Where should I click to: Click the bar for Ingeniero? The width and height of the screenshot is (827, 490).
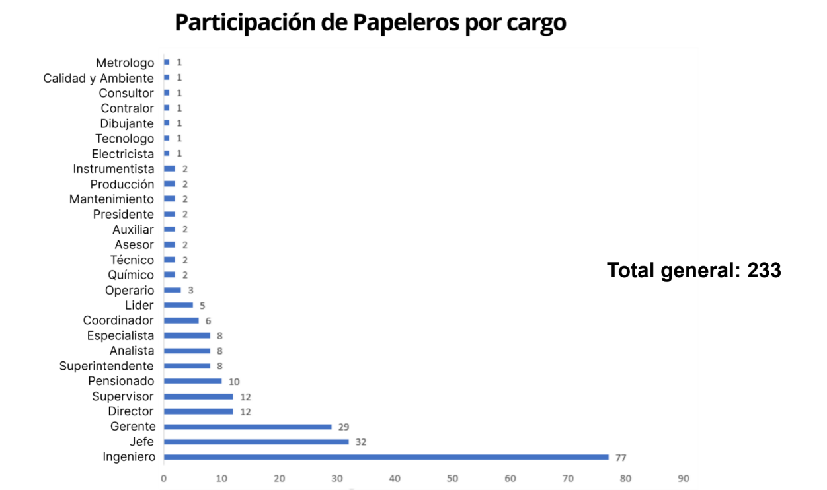click(386, 457)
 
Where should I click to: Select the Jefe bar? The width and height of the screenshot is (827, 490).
click(256, 442)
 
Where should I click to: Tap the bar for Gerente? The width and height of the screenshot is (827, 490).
click(247, 427)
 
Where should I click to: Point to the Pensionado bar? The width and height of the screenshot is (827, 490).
click(192, 381)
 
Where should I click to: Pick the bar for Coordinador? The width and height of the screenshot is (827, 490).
click(181, 320)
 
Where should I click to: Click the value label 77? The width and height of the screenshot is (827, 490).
click(621, 458)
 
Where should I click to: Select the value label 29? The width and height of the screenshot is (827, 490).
click(344, 427)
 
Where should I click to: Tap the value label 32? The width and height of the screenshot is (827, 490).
click(361, 442)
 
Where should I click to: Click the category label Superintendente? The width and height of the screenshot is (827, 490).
click(106, 366)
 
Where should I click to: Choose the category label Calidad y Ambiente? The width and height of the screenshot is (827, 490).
click(98, 78)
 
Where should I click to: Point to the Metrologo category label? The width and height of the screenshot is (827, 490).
click(125, 63)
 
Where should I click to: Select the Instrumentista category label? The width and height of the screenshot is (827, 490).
click(114, 169)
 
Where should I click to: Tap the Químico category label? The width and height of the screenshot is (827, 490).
click(131, 275)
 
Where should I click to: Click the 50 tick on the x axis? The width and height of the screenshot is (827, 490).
click(452, 478)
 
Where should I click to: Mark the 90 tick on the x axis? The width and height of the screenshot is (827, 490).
click(683, 478)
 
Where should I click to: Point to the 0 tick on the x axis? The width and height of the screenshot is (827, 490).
click(163, 478)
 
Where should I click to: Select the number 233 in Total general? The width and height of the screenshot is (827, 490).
click(764, 270)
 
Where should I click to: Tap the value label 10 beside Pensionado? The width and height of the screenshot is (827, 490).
click(234, 382)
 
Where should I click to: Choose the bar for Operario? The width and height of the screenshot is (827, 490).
click(172, 290)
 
